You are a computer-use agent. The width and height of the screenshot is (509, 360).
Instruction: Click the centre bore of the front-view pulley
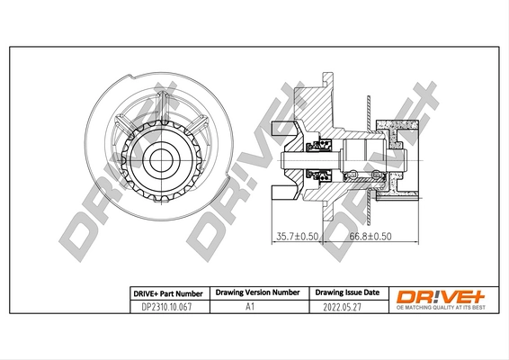point(162,159)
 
